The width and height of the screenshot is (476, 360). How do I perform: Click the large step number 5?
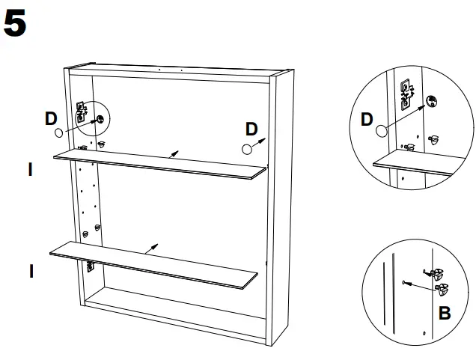coord(15,23)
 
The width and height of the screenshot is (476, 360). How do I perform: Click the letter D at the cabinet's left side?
coord(51,119)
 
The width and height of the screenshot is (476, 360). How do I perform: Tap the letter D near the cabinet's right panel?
coord(251,129)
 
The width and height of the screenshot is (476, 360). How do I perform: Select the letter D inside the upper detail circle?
coord(367,119)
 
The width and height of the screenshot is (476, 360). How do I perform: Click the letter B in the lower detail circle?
coord(445,313)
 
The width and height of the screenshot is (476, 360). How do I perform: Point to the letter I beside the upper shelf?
coord(30,169)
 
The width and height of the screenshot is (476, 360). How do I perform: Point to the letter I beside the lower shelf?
coord(31,271)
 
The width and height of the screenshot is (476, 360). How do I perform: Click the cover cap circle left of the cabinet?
coord(59,132)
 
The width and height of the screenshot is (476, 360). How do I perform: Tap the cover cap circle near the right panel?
coord(247,149)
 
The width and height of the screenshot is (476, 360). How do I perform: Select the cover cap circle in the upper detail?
coord(382,131)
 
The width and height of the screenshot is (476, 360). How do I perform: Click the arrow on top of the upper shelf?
coord(174,154)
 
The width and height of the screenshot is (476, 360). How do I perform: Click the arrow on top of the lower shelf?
coord(151,249)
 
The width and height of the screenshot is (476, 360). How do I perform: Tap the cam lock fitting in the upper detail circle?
coord(431,101)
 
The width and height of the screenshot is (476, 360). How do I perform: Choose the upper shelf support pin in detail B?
coord(434,273)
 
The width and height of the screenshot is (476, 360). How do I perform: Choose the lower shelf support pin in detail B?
coord(442,289)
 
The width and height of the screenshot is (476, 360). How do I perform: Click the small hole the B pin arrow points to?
coord(403,283)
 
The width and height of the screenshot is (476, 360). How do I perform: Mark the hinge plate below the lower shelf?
coord(90,266)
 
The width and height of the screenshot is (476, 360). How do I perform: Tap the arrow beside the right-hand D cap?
coord(259,142)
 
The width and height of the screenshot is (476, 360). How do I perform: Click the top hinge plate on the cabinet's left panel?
coord(81,112)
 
